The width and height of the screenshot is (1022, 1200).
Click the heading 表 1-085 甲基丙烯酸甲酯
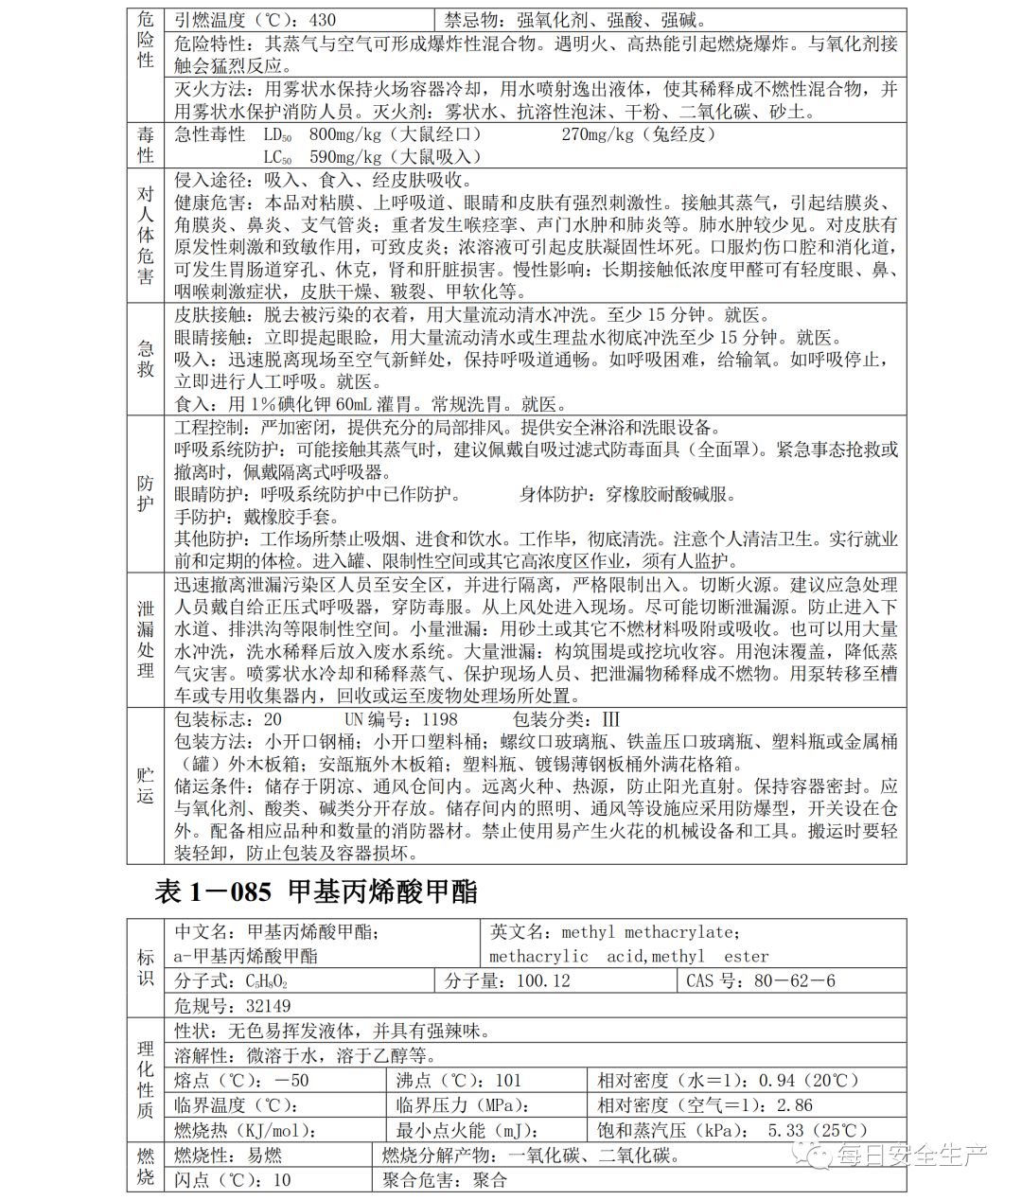coord(316,891)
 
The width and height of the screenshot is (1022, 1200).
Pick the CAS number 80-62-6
coord(794,980)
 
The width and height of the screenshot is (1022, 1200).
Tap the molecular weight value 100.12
coord(543,980)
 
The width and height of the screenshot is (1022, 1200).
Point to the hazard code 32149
coord(268,1006)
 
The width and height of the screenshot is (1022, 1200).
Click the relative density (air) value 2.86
coord(794,1105)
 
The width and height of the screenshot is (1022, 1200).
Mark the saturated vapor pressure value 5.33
coord(785,1130)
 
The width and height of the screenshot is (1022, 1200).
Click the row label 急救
coord(145,360)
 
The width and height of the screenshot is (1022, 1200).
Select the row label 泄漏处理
coord(145,639)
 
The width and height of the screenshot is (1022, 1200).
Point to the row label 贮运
coord(145,785)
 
